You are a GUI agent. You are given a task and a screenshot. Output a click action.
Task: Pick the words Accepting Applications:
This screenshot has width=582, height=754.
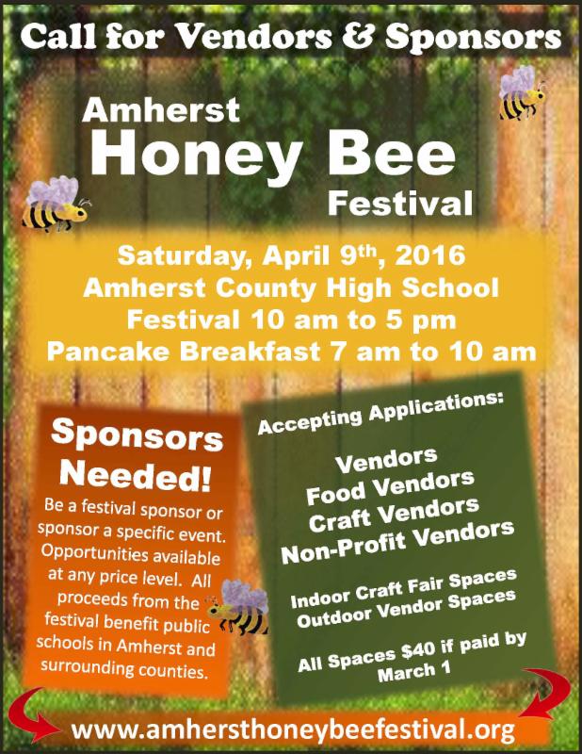tap(380, 413)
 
